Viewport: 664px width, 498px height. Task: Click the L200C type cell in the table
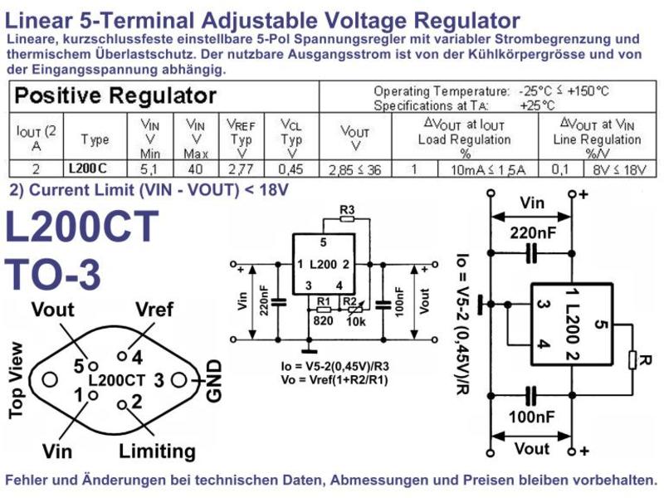88,168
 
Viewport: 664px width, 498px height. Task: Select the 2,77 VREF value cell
242,169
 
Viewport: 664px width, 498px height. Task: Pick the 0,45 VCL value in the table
291,169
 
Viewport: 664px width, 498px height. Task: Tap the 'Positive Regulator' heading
115,95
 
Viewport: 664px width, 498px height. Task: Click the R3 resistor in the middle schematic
347,219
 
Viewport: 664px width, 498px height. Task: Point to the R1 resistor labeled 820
324,310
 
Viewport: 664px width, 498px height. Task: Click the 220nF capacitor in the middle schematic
278,302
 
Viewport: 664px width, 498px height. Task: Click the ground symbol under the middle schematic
309,351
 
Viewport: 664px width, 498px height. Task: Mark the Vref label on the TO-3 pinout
154,310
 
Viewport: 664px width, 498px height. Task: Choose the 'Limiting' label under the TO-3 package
157,452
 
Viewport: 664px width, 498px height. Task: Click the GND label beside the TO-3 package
214,381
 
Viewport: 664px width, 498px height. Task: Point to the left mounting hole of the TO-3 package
50,379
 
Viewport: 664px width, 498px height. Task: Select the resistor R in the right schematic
632,360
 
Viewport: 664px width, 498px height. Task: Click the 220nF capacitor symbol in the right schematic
532,253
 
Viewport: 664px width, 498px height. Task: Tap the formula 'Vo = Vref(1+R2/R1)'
334,379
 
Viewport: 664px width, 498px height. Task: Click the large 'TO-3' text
53,274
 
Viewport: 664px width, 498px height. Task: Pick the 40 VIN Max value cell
195,169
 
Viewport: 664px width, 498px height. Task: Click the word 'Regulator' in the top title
466,20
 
